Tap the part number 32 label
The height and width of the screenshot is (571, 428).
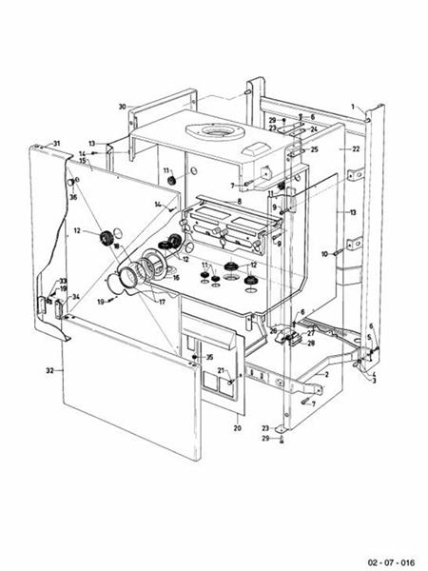pyautogui.click(x=50, y=367)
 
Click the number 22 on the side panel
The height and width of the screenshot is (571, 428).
pyautogui.click(x=357, y=149)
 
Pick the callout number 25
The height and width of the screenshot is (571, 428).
pyautogui.click(x=314, y=149)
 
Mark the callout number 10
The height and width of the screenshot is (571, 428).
pyautogui.click(x=324, y=254)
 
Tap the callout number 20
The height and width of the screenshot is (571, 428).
pyautogui.click(x=237, y=429)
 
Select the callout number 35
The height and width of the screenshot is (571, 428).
pyautogui.click(x=209, y=357)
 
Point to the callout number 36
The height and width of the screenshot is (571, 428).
pyautogui.click(x=73, y=197)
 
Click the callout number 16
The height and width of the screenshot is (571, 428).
pyautogui.click(x=176, y=278)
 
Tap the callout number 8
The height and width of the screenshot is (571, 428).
pyautogui.click(x=240, y=202)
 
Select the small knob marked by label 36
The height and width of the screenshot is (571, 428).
pyautogui.click(x=69, y=183)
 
